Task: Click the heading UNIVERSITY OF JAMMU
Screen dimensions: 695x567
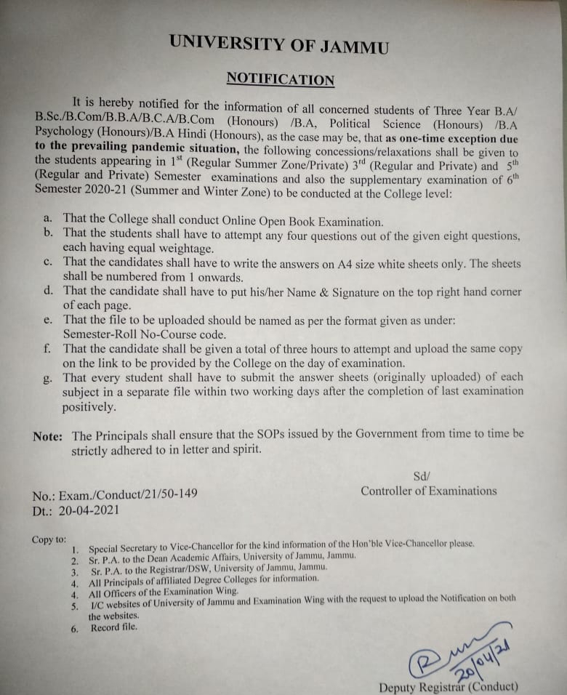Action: pyautogui.click(x=278, y=44)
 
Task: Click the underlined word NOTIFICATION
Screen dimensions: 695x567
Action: pyautogui.click(x=280, y=79)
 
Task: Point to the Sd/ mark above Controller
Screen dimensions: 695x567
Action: pyautogui.click(x=422, y=475)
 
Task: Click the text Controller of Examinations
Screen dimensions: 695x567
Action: pyautogui.click(x=429, y=491)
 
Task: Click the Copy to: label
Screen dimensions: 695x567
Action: pyautogui.click(x=49, y=539)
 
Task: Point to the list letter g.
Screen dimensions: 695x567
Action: pyautogui.click(x=47, y=377)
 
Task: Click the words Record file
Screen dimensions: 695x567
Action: pyautogui.click(x=113, y=627)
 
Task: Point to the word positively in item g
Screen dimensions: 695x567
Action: pyautogui.click(x=89, y=406)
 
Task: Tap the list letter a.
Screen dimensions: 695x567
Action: pyautogui.click(x=47, y=217)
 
